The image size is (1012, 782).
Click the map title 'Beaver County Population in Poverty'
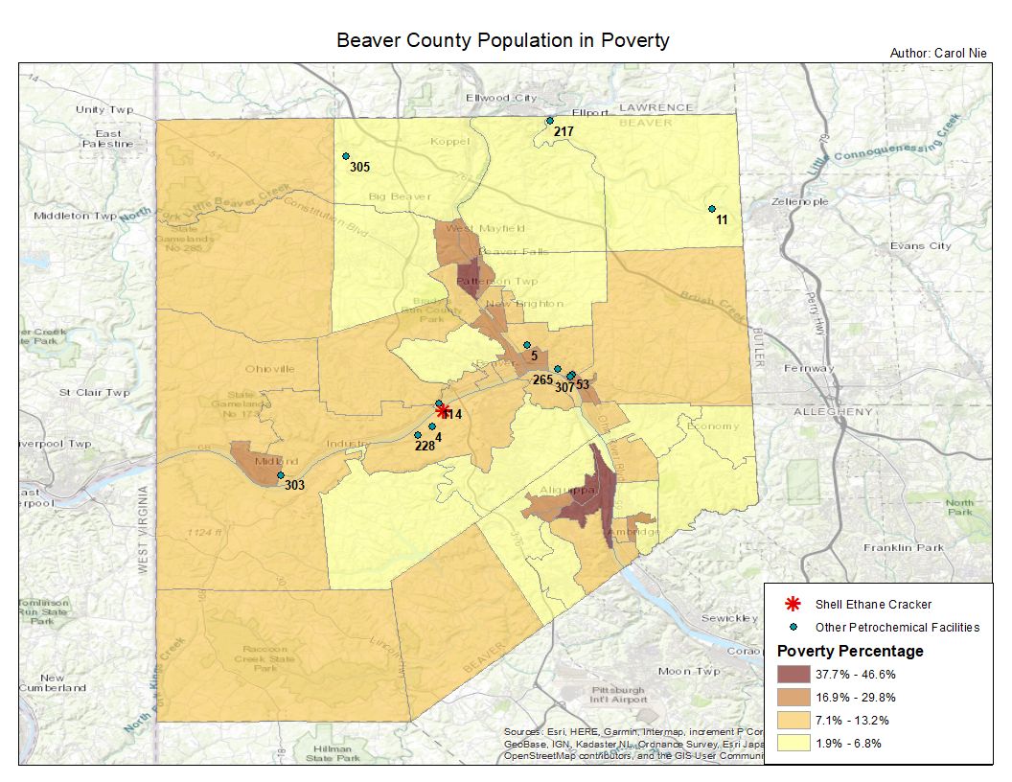tap(502, 41)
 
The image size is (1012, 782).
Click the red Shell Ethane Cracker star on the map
tap(443, 411)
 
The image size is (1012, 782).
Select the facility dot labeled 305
tap(346, 156)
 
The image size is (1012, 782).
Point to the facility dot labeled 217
tap(549, 121)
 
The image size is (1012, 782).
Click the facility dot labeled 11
tap(712, 209)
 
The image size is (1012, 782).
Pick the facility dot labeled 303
tap(281, 475)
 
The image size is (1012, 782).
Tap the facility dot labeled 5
tap(527, 345)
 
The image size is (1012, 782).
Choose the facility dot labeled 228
tap(418, 435)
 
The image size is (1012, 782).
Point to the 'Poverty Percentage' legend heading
tap(850, 652)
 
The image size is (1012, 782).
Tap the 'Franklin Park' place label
tap(903, 548)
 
